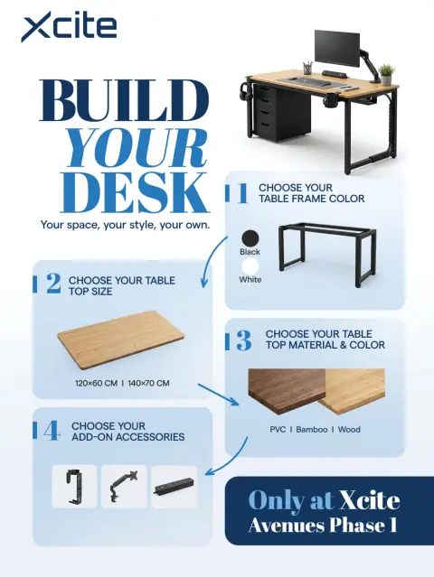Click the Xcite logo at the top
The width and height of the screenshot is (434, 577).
(x=69, y=26)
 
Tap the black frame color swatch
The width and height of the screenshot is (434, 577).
(x=250, y=238)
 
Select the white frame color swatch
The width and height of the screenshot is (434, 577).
(x=250, y=266)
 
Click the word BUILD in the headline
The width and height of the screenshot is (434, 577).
(x=124, y=100)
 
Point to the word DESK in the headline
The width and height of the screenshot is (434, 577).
(x=135, y=192)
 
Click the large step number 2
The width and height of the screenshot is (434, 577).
(x=53, y=284)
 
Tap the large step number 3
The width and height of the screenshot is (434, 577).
(x=244, y=340)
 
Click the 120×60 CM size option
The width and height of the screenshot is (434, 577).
(x=96, y=383)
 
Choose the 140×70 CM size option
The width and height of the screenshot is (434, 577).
(x=148, y=383)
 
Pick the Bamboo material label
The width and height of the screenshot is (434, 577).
(x=312, y=430)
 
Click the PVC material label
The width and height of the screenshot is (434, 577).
(x=278, y=430)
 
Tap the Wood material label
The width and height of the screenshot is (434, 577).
(x=349, y=430)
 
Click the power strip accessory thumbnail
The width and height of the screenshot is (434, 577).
(x=175, y=487)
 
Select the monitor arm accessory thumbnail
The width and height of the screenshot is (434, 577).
(x=124, y=487)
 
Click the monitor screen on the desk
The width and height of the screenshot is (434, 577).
(x=337, y=48)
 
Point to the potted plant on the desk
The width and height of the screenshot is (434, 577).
(x=386, y=75)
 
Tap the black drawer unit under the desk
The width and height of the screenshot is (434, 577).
(x=282, y=112)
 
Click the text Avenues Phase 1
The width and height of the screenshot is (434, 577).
(x=323, y=526)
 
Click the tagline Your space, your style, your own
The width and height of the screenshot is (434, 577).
(x=125, y=225)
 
